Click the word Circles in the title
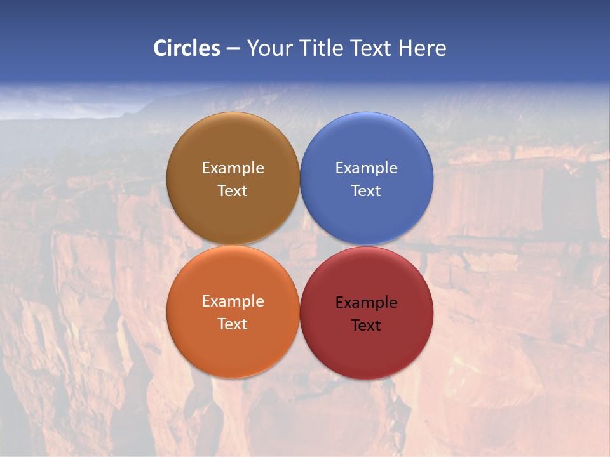pyautogui.click(x=187, y=48)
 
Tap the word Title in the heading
pyautogui.click(x=321, y=48)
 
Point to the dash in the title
pyautogui.click(x=233, y=49)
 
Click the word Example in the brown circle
pyautogui.click(x=233, y=168)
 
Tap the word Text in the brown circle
pyautogui.click(x=233, y=191)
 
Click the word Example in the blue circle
pyautogui.click(x=367, y=168)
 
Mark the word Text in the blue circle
pyautogui.click(x=367, y=191)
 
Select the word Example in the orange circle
pyautogui.click(x=233, y=301)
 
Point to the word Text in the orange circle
pyautogui.click(x=233, y=324)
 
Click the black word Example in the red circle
pyautogui.click(x=367, y=303)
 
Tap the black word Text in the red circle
pyautogui.click(x=367, y=326)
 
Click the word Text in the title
pyautogui.click(x=372, y=48)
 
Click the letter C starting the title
pyautogui.click(x=160, y=48)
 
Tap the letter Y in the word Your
pyautogui.click(x=252, y=48)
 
